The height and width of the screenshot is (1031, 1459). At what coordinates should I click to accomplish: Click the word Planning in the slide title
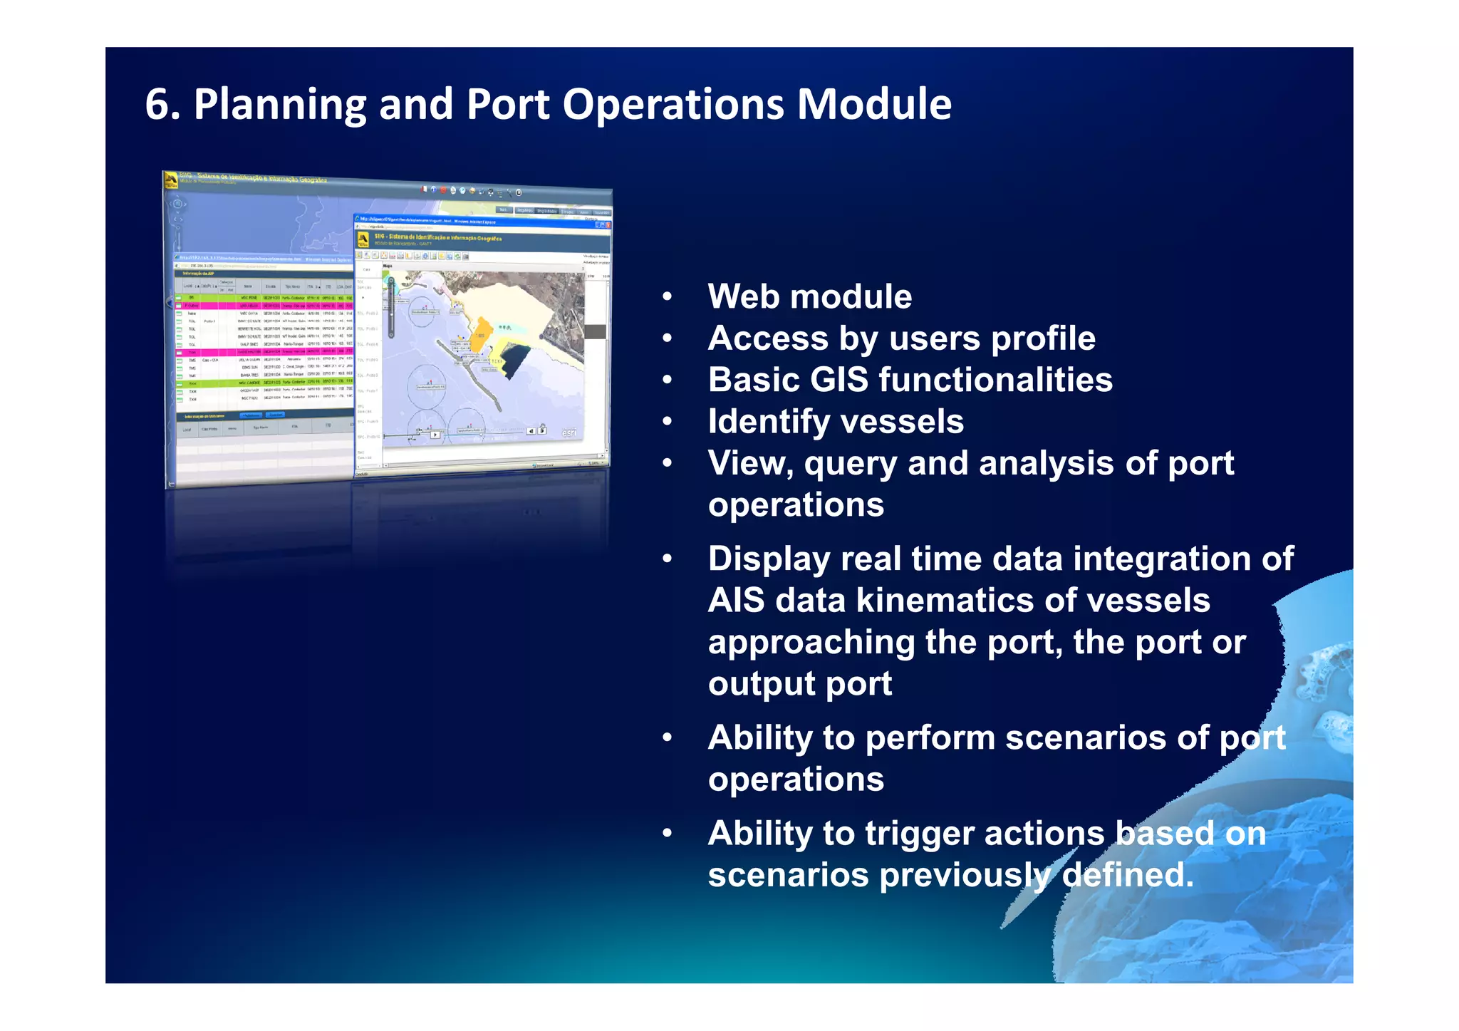point(279,105)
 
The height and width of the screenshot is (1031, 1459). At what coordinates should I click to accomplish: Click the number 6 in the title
point(157,105)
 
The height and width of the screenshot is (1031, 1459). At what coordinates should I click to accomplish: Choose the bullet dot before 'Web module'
point(667,297)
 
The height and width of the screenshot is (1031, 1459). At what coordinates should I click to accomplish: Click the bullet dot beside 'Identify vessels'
point(667,422)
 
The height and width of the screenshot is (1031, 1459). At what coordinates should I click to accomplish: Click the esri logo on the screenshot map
point(569,432)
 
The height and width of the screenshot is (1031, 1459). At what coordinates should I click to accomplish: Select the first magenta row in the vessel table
point(264,305)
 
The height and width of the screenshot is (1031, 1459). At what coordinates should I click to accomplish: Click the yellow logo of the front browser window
point(363,238)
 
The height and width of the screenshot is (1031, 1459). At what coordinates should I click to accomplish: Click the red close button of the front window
point(608,225)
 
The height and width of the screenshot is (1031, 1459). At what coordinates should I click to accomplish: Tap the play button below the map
point(435,434)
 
